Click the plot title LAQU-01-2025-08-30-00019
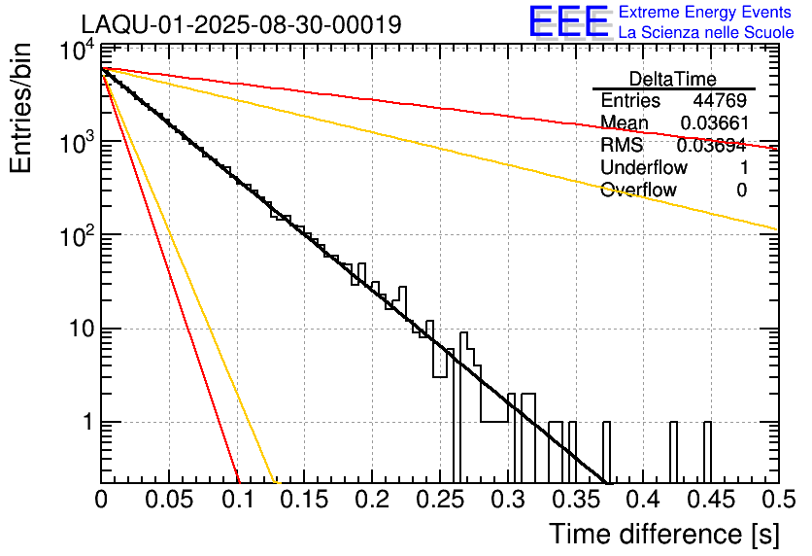(x=241, y=24)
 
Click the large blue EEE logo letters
(x=568, y=23)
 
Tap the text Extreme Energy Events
(x=704, y=13)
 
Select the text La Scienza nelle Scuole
(x=706, y=32)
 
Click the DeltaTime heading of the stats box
(x=673, y=79)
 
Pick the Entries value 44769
(x=720, y=101)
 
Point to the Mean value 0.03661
(x=713, y=123)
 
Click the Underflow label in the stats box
(x=643, y=168)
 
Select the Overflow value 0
(x=741, y=191)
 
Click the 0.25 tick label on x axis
(x=439, y=500)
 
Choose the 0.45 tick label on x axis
(x=710, y=500)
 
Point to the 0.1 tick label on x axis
(x=237, y=500)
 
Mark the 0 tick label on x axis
(x=102, y=500)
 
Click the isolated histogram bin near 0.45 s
(x=707, y=452)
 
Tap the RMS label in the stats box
(x=621, y=146)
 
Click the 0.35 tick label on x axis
(x=574, y=500)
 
